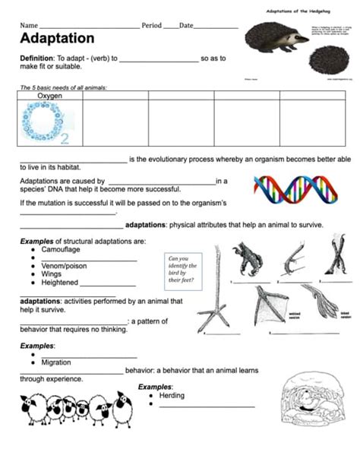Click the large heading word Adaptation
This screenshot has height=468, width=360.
click(x=57, y=39)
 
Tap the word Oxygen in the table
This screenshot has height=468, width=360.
click(x=50, y=96)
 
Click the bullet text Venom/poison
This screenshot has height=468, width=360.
click(x=69, y=266)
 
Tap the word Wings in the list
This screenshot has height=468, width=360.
click(x=53, y=274)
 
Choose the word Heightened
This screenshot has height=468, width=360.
click(x=62, y=283)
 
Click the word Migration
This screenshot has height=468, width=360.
click(x=62, y=362)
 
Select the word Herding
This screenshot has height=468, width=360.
click(x=172, y=395)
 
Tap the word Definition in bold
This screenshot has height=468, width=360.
click(x=36, y=59)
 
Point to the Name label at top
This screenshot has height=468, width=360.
click(x=28, y=26)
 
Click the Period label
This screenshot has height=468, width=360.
click(x=152, y=26)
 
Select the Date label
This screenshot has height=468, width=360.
click(x=187, y=26)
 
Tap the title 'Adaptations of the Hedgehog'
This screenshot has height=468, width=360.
click(x=296, y=11)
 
